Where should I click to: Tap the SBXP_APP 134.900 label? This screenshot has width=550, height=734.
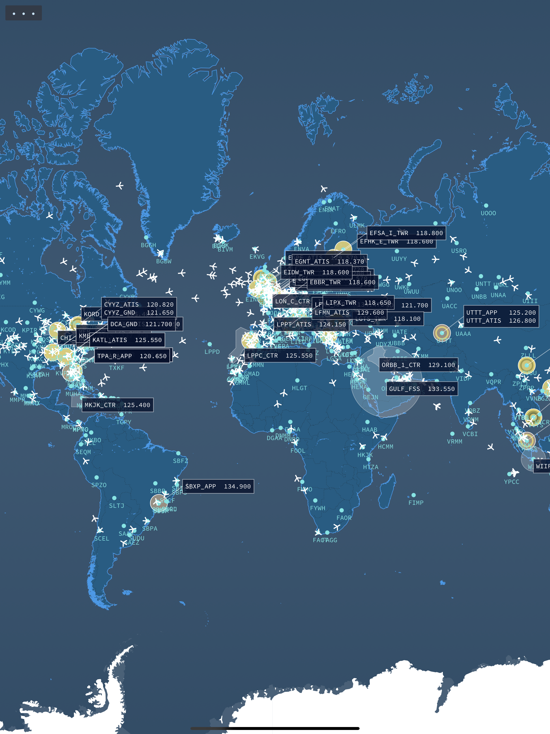218,487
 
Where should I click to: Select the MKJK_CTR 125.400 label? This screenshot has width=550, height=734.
117,405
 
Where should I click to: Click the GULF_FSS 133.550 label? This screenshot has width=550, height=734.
422,389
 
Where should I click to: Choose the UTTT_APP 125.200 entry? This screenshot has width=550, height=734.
501,312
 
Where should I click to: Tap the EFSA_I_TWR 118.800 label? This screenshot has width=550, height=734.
406,233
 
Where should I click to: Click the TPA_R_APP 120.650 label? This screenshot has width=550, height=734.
132,356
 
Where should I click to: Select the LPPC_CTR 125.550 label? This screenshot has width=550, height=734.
280,355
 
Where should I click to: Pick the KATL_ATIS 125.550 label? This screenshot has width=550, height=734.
127,340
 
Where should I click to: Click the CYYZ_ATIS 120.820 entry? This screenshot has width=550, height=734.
139,304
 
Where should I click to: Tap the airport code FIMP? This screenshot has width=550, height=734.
416,503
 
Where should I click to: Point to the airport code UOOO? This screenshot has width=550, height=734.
488,213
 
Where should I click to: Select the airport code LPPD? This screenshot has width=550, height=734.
212,352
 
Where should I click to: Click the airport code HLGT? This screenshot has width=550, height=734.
299,388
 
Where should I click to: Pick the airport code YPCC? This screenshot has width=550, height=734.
511,481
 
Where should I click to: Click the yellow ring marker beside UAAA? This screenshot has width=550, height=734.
442,333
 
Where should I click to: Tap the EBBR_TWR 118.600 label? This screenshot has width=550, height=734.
342,282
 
